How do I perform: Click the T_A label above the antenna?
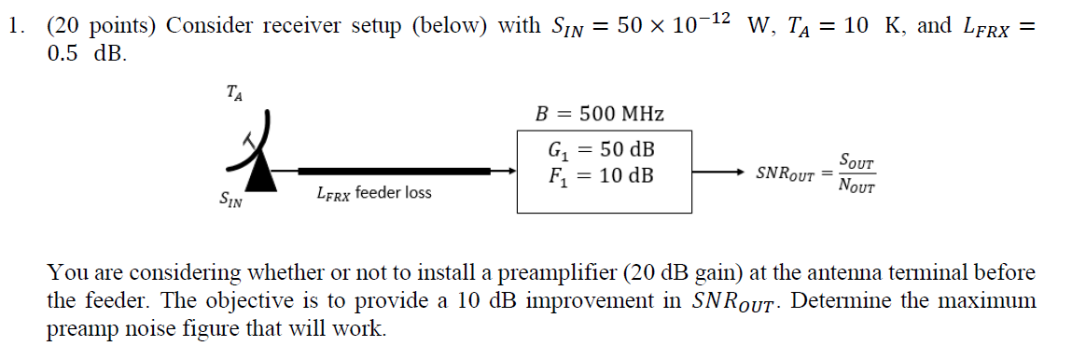click(x=235, y=92)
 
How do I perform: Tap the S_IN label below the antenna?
click(x=230, y=199)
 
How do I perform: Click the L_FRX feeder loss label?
click(x=373, y=194)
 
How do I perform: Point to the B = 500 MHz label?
click(x=599, y=115)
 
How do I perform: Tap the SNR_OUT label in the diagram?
click(x=785, y=174)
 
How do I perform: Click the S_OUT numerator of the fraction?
click(x=856, y=161)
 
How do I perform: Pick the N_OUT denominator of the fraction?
click(x=856, y=185)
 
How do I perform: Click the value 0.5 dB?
click(x=85, y=53)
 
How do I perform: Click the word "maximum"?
click(x=987, y=302)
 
